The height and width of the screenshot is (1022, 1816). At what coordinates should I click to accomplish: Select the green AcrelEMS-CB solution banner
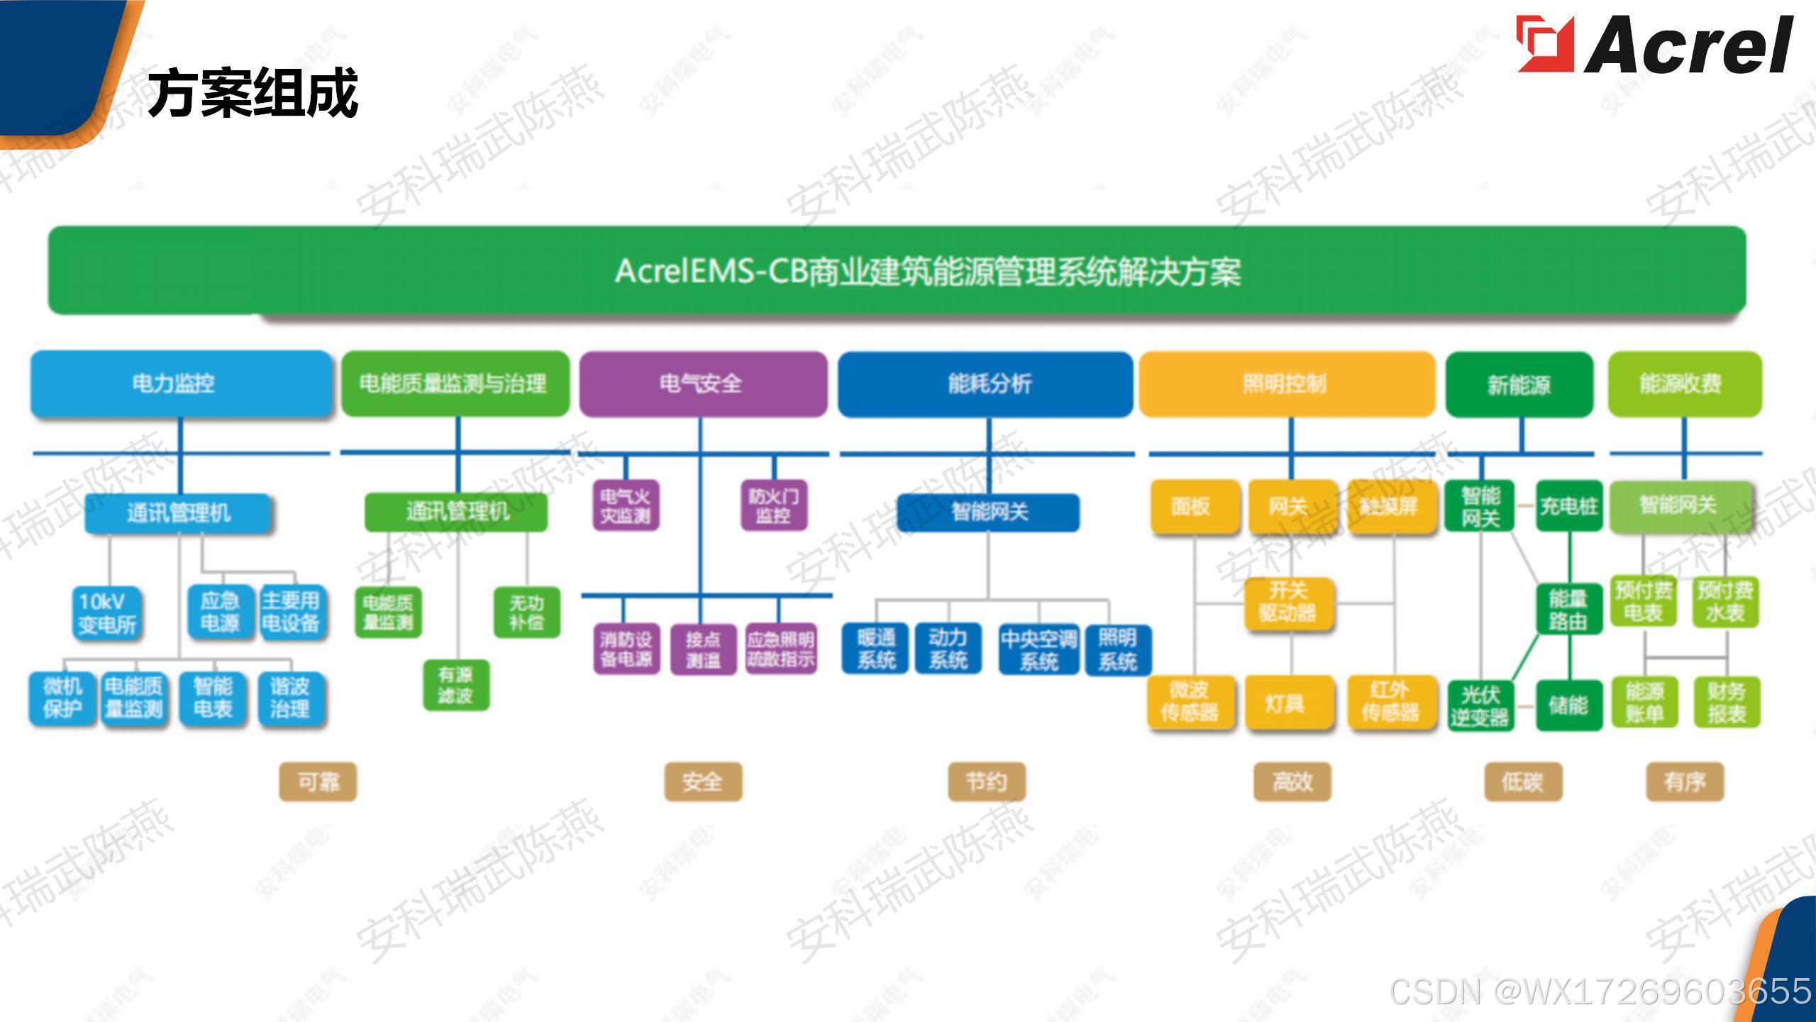897,270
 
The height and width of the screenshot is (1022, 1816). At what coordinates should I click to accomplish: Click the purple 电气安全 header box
703,384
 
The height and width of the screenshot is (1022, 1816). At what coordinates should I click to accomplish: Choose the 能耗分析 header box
985,384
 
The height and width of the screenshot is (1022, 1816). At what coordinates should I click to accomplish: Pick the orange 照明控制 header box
1286,384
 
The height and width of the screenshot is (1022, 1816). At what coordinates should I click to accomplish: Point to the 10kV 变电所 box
107,613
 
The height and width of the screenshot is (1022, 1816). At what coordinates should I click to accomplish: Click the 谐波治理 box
289,698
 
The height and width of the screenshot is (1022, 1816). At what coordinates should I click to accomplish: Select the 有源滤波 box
455,685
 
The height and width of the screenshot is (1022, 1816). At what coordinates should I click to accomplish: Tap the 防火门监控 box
773,505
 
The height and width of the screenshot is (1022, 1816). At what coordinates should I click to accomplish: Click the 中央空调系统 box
1039,649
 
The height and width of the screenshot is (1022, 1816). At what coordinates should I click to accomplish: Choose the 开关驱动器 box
1288,602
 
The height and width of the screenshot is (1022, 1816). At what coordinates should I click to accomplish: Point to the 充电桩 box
1568,506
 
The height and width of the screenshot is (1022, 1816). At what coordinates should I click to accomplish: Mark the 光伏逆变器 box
1480,705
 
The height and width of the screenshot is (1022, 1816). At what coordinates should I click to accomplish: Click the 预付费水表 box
1725,601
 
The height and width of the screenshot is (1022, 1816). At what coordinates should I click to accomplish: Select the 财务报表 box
1727,702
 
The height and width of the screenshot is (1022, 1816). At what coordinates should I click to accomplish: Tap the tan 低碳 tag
1522,782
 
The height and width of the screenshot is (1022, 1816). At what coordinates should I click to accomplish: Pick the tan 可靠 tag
318,782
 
